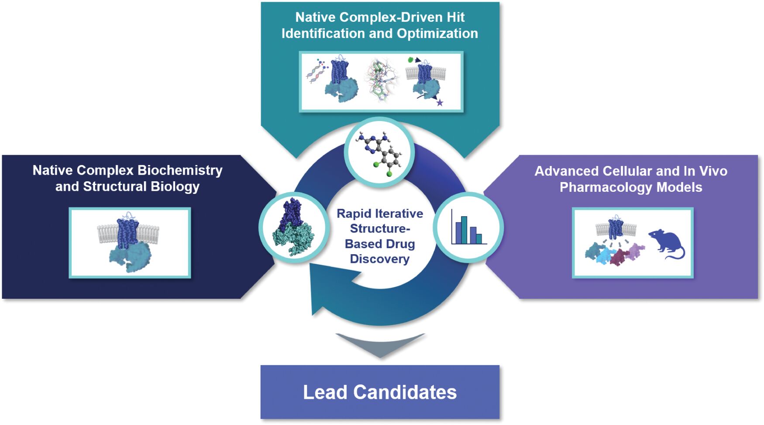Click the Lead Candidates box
380,392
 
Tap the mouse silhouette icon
667,244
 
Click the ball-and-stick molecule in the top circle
379,152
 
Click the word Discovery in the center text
379,259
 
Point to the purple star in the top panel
440,103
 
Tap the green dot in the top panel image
410,60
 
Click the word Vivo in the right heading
713,171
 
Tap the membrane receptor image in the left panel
129,242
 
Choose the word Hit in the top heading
455,17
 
